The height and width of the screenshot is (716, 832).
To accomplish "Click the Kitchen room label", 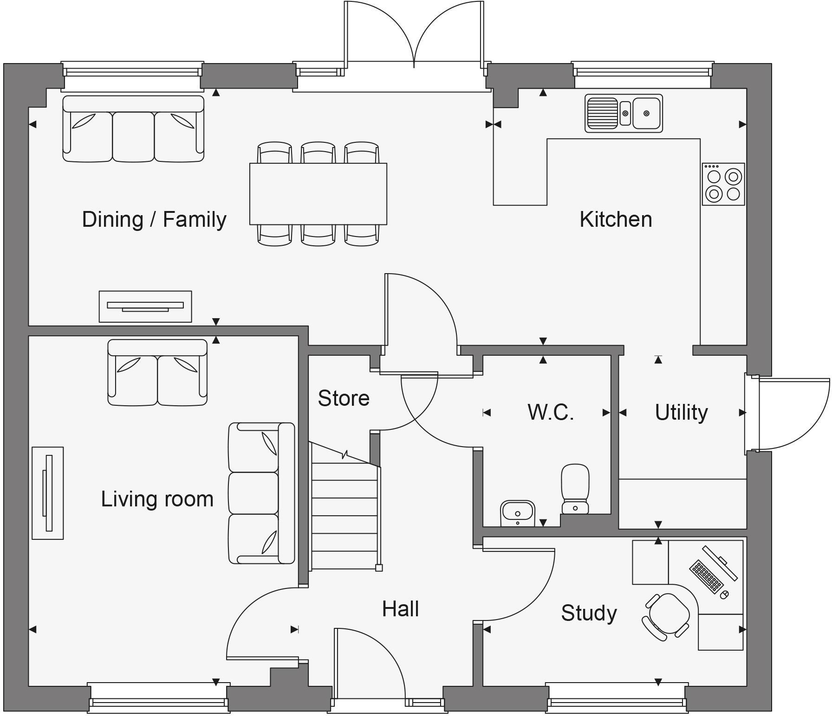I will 616,219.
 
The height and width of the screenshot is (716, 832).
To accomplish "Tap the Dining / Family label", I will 154,219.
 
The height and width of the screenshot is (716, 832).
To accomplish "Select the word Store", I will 344,398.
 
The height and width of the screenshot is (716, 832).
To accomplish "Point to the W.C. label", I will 551,412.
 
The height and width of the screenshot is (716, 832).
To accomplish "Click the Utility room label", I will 681,412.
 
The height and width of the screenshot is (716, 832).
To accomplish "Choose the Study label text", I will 589,613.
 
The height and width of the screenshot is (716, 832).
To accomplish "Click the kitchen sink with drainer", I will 624,113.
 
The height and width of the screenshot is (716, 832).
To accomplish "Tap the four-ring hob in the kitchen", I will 723,184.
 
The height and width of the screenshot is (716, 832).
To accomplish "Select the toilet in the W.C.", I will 575,489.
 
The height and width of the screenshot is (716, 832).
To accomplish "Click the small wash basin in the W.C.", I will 518,513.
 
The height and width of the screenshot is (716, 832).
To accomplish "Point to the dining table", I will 318,194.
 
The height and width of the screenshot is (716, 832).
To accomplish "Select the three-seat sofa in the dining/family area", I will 133,129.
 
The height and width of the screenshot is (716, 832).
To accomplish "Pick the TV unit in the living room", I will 47,493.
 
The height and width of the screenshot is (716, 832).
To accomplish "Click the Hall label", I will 400,609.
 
